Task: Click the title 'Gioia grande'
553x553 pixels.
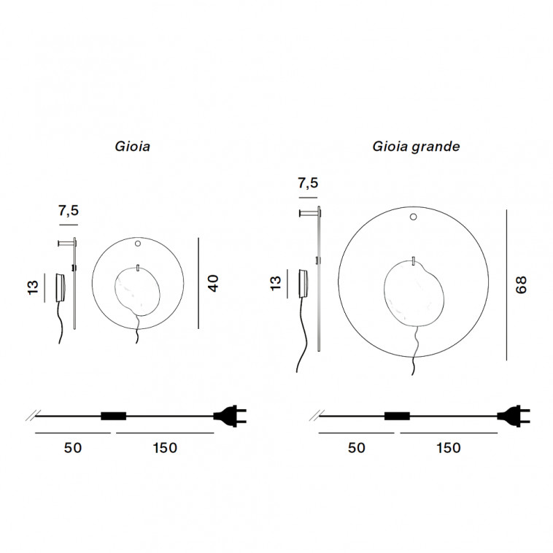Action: tap(416, 147)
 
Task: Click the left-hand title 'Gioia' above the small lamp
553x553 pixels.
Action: tap(133, 147)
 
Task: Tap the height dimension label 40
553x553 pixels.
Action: tap(213, 283)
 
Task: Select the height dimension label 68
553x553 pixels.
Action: tap(521, 285)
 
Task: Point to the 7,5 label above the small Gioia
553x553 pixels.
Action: tap(69, 211)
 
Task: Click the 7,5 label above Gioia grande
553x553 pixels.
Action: tap(309, 183)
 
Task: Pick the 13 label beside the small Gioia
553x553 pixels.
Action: tap(32, 287)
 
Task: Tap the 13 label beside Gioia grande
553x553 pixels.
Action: tap(276, 283)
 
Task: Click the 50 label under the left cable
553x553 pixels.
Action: tap(73, 448)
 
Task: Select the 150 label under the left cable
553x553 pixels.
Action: tap(165, 448)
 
